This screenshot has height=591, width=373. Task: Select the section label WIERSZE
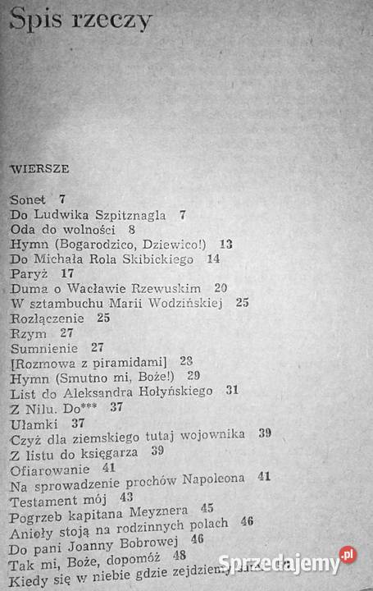(39, 168)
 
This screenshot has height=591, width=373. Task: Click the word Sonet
(29, 200)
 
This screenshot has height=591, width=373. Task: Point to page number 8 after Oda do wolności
(131, 230)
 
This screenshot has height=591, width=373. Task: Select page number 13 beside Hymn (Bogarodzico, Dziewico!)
(226, 244)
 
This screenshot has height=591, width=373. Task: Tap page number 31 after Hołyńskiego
(232, 392)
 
